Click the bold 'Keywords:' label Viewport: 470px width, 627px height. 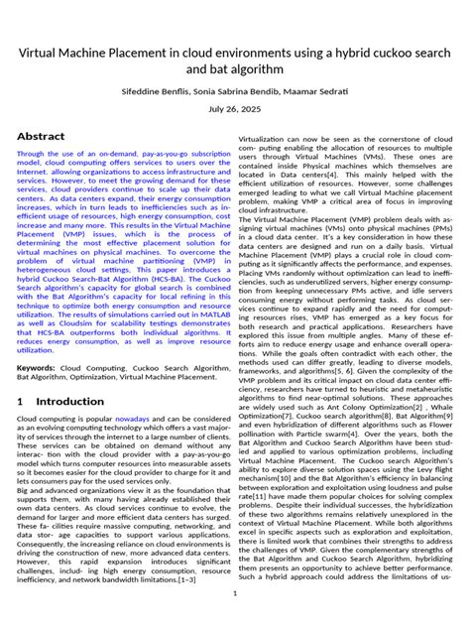coord(37,367)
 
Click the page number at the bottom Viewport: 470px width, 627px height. coord(234,593)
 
